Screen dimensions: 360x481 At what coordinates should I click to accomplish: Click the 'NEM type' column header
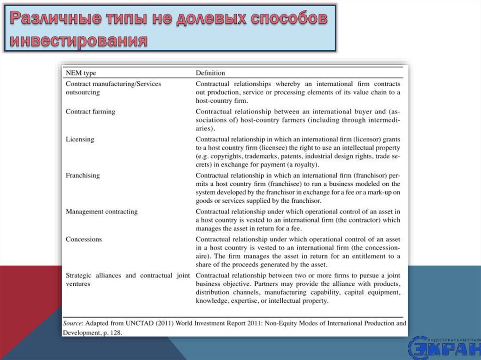click(x=81, y=73)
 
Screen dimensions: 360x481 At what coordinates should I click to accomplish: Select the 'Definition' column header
click(x=210, y=73)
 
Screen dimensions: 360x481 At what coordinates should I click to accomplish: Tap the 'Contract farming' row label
click(x=90, y=112)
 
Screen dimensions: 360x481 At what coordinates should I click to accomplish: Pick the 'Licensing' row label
click(x=80, y=139)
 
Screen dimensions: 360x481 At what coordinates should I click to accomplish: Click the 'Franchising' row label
click(x=83, y=175)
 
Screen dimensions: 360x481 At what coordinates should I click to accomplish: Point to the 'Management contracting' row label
click(x=101, y=212)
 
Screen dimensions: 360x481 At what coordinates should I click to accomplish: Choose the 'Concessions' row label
click(x=84, y=239)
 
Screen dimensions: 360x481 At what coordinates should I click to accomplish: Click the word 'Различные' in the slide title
click(x=56, y=20)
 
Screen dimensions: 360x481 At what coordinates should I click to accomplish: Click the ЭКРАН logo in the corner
click(x=444, y=348)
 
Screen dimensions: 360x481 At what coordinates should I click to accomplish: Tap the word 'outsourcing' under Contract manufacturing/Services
click(x=83, y=92)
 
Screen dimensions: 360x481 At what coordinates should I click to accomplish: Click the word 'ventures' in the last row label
click(x=78, y=284)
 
